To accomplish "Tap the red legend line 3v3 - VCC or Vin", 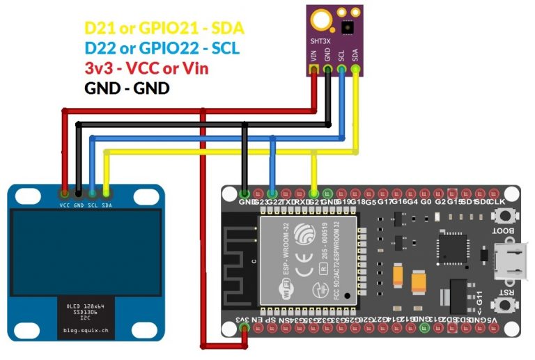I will [146, 69].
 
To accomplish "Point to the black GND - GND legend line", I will [127, 89].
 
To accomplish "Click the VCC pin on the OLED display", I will [64, 193].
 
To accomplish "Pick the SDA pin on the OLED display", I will [107, 193].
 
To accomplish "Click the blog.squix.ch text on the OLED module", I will [86, 330].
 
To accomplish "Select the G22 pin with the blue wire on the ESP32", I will [272, 192].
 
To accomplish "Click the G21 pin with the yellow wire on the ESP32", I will [315, 192].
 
